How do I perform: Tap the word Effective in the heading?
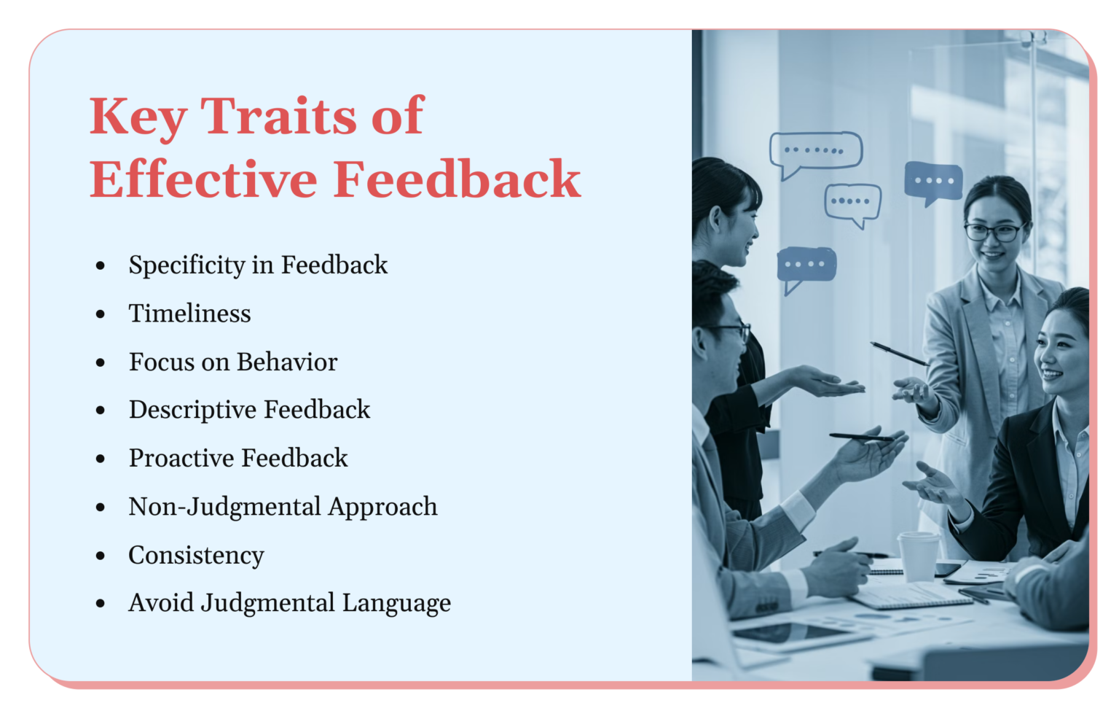point(203,179)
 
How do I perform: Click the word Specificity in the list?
point(186,265)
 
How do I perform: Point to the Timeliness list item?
point(189,314)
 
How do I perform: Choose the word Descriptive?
point(192,410)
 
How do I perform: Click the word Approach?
point(382,507)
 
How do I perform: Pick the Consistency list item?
point(196,555)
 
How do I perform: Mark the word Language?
point(396,604)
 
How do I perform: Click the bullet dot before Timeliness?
point(101,314)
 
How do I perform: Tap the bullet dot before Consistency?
point(101,556)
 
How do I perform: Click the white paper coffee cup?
point(918,556)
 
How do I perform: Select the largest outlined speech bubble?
point(816,152)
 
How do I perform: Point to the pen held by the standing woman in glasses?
point(899,354)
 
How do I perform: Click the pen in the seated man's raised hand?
point(860,438)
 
